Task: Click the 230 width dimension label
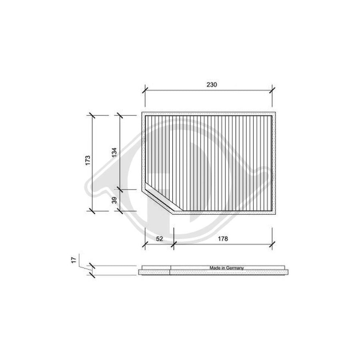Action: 212,85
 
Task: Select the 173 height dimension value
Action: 88,160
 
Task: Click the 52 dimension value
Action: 159,239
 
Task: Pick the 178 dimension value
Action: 222,239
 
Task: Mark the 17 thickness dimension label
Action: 74,260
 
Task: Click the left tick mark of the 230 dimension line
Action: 145,90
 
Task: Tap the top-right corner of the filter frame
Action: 276,112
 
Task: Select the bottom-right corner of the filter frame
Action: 276,213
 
